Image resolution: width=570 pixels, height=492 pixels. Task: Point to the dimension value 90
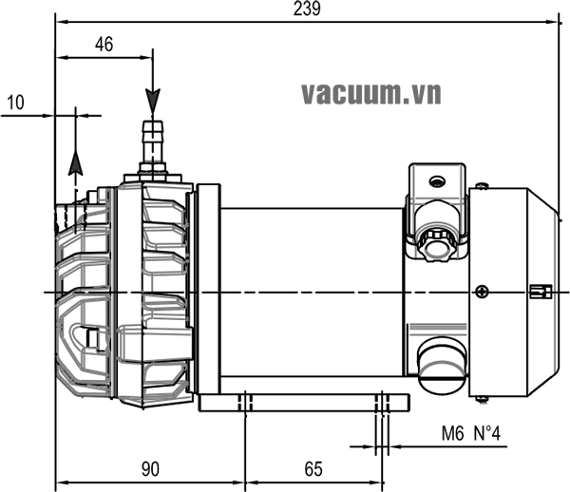pos(149,468)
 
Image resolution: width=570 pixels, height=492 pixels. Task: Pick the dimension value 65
pos(314,468)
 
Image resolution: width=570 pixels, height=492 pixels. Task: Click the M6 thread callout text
pos(455,434)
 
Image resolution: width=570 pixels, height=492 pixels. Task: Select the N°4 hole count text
pos(485,434)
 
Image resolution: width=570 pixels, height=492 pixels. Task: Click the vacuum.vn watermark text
pos(372,93)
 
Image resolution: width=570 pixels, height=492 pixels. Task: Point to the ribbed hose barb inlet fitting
pos(152,141)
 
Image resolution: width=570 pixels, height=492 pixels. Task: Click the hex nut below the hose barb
pos(152,171)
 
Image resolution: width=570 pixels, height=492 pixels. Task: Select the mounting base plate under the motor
pos(304,403)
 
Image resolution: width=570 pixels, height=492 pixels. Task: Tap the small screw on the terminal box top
pos(437,181)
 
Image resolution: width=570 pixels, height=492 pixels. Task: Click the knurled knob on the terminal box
pos(437,243)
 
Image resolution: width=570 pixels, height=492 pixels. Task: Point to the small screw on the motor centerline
pos(484,291)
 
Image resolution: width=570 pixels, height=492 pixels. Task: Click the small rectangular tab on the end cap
pos(540,291)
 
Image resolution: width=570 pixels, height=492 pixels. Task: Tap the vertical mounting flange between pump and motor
pos(206,290)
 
